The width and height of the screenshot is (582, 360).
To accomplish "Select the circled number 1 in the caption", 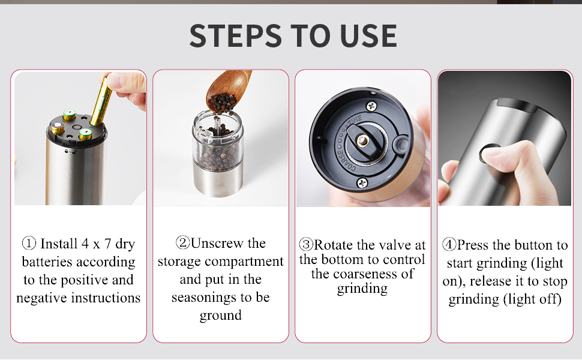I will (x=29, y=244).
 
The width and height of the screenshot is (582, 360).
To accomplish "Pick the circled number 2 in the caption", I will (x=182, y=243).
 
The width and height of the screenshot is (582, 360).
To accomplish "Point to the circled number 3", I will (x=306, y=245).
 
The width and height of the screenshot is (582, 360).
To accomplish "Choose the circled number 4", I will (x=449, y=245).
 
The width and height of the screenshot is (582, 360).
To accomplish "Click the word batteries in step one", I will (x=50, y=262).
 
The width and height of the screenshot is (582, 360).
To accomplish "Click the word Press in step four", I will (x=473, y=245).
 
